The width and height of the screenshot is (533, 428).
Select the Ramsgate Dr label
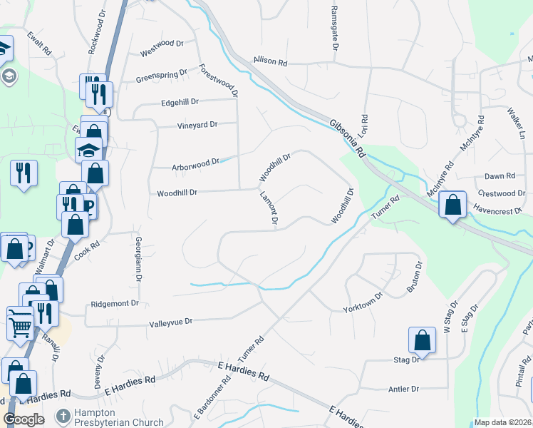pyautogui.click(x=333, y=29)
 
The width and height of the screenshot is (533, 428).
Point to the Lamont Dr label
pyautogui.click(x=269, y=208)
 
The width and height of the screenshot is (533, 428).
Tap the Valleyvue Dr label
pyautogui.click(x=171, y=322)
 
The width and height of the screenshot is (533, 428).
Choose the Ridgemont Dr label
pyautogui.click(x=115, y=304)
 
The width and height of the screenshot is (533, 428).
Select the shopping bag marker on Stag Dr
pyautogui.click(x=422, y=340)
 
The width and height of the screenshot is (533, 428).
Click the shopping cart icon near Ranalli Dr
pyautogui.click(x=21, y=325)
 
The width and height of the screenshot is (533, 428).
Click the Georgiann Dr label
pyautogui.click(x=138, y=260)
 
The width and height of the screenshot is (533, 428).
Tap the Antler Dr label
pyautogui.click(x=403, y=389)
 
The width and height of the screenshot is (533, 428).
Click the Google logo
pyautogui.click(x=24, y=419)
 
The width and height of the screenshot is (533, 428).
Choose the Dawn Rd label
pyautogui.click(x=500, y=176)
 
